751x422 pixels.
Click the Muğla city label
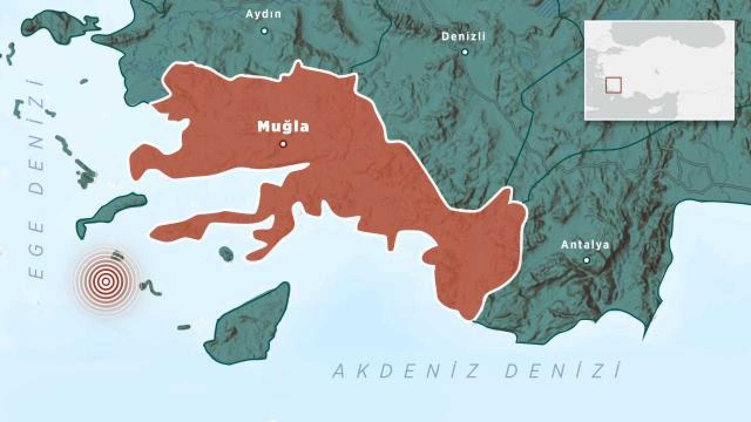283,126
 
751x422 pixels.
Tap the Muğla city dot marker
283,144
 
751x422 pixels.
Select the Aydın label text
263,14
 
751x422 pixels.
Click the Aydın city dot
264,30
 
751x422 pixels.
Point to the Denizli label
464,36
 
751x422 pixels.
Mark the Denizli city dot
465,52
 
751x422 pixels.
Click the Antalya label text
585,245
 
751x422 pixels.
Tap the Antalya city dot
586,260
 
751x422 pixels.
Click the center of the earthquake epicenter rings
106,282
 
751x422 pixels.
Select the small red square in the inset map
613,85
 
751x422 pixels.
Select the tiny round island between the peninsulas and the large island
226,254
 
